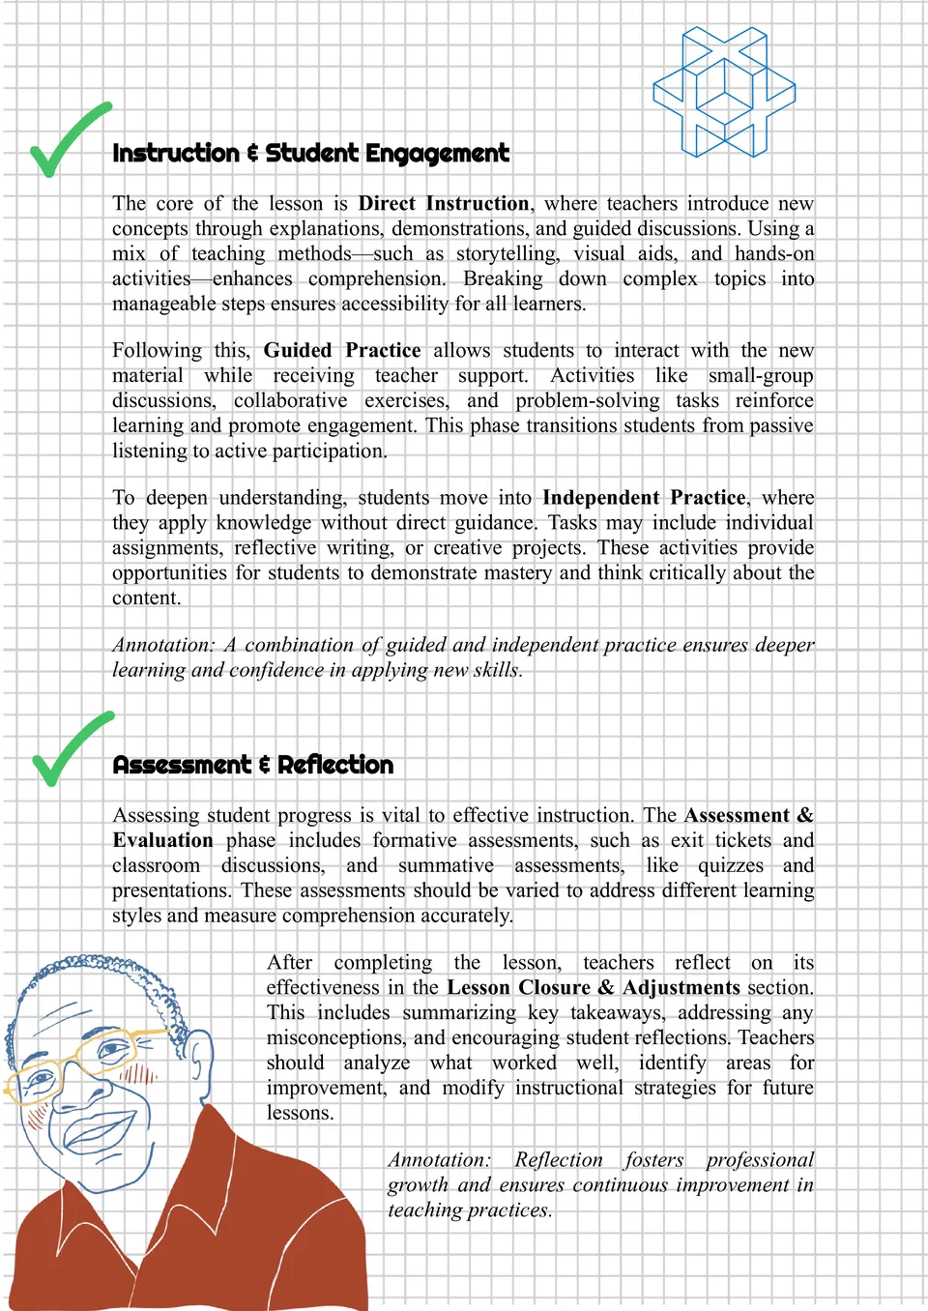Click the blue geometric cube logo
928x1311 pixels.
(x=724, y=92)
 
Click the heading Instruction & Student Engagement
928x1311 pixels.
(x=310, y=154)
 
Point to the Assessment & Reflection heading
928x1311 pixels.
(x=253, y=765)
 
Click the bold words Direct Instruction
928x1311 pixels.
(x=444, y=204)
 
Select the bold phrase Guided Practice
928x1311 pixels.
(x=342, y=350)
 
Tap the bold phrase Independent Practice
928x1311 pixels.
(x=644, y=498)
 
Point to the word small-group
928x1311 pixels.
(x=761, y=376)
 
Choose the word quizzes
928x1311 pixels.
(x=731, y=865)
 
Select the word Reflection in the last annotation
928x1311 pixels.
(x=558, y=1160)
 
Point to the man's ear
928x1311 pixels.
(x=199, y=1059)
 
